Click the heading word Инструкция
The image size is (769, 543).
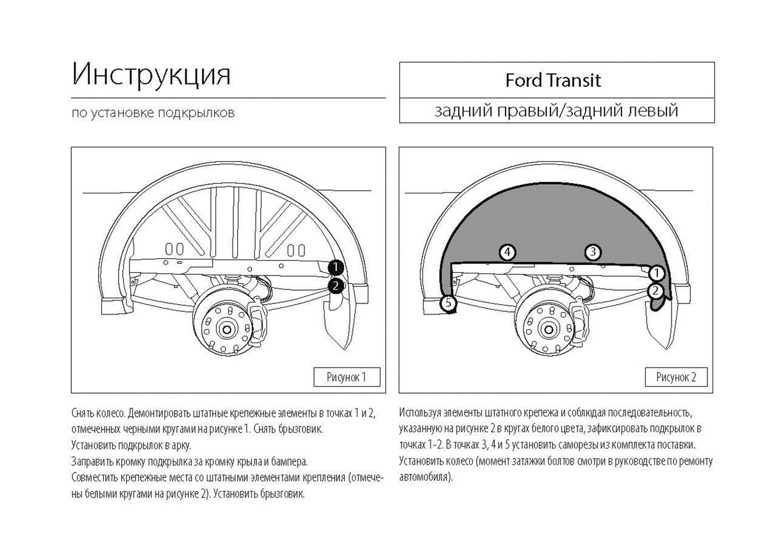151,75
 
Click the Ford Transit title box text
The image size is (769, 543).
554,81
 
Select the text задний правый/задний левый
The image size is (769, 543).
556,111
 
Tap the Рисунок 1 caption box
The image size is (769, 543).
347,377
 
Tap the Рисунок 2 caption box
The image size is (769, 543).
675,377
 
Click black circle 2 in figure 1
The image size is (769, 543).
335,286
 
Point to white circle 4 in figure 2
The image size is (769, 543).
508,252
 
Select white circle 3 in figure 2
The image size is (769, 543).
593,252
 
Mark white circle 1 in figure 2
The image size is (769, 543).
656,274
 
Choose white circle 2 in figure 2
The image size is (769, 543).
656,291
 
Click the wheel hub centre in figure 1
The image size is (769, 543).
225,329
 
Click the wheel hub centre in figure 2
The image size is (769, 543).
549,329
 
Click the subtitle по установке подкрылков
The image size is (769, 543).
153,113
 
